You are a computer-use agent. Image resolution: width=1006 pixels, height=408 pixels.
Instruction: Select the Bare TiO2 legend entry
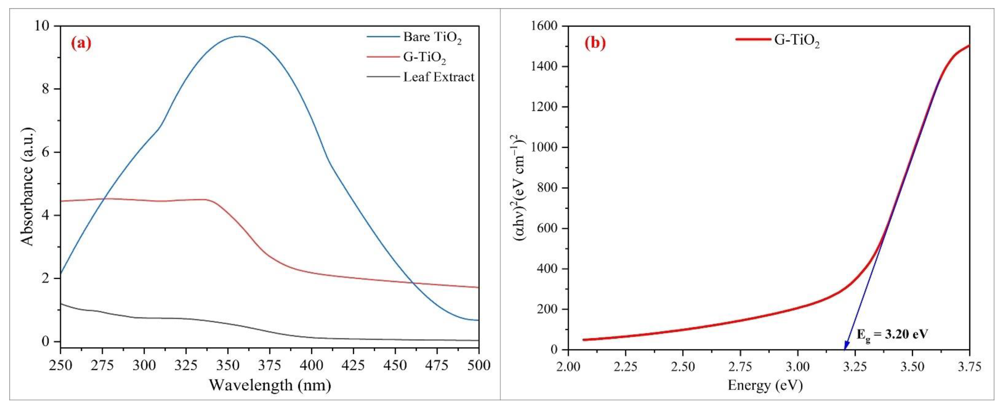click(432, 37)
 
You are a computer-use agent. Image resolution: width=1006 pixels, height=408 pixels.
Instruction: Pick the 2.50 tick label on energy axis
click(682, 367)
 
